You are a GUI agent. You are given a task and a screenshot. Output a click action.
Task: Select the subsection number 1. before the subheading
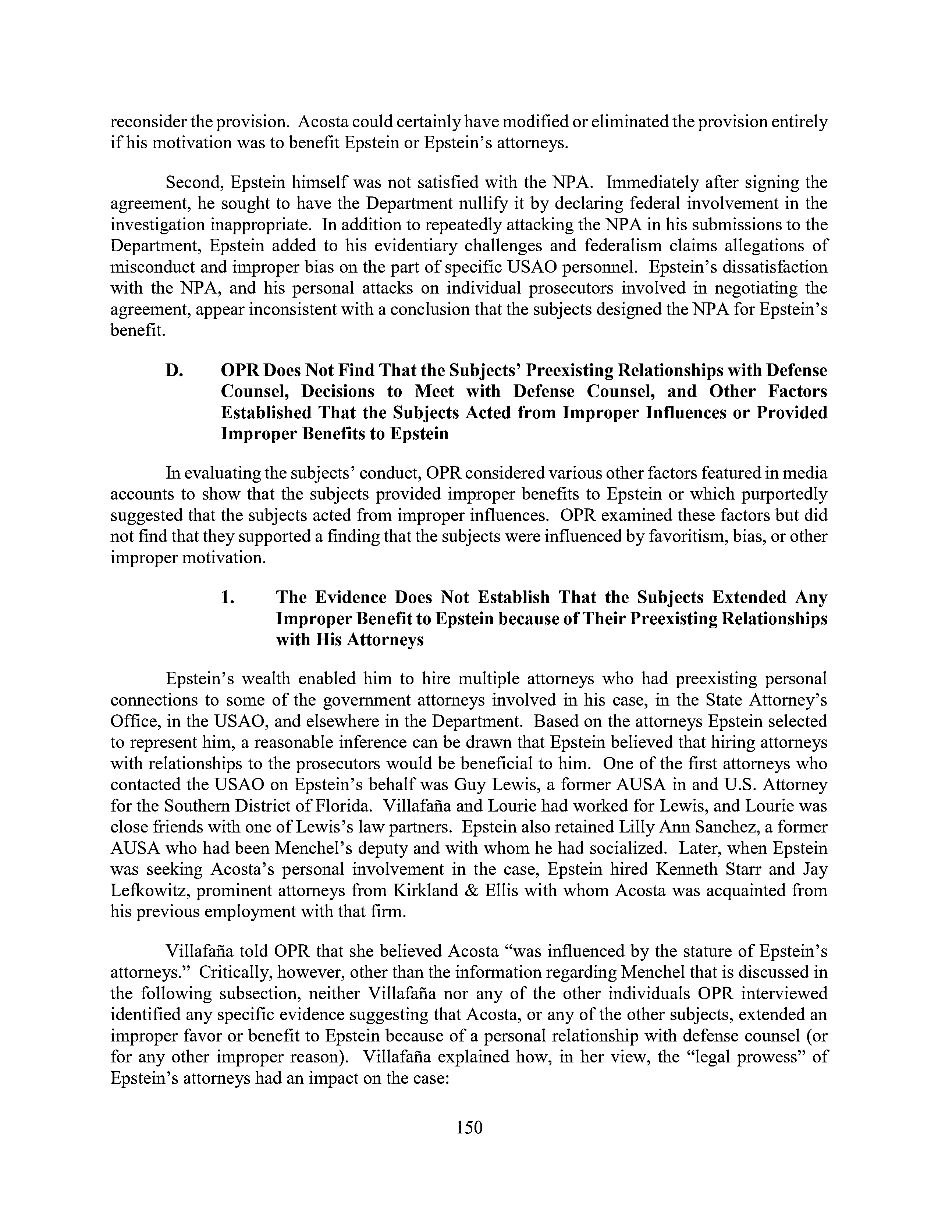coord(227,597)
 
